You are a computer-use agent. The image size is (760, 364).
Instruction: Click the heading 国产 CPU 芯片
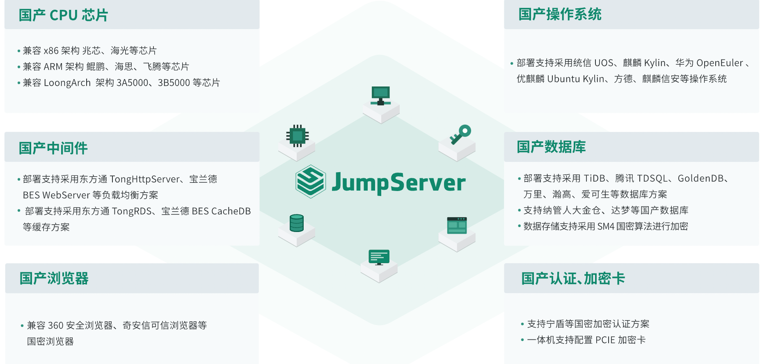63,15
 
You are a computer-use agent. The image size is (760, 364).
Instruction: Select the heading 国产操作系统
560,14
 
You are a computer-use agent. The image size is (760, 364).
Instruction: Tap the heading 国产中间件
53,148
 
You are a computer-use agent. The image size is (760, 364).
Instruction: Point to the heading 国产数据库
551,147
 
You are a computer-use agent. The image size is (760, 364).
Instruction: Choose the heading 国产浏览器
54,278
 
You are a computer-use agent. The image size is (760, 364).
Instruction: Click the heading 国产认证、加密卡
573,278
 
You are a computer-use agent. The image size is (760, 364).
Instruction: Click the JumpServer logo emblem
311,182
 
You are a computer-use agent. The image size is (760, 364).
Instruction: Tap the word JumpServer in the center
398,182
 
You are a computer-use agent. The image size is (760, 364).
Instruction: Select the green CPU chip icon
298,136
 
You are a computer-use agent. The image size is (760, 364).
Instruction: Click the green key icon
460,134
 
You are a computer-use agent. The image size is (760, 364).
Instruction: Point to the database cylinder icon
296,223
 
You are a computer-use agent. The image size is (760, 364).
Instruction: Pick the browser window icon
457,225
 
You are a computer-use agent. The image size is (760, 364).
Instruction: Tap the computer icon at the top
380,96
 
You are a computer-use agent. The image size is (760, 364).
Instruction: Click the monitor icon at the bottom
379,257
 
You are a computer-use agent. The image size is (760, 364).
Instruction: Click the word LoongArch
67,83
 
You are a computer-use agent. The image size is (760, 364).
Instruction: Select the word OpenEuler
719,63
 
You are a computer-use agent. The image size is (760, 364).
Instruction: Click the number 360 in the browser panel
55,325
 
